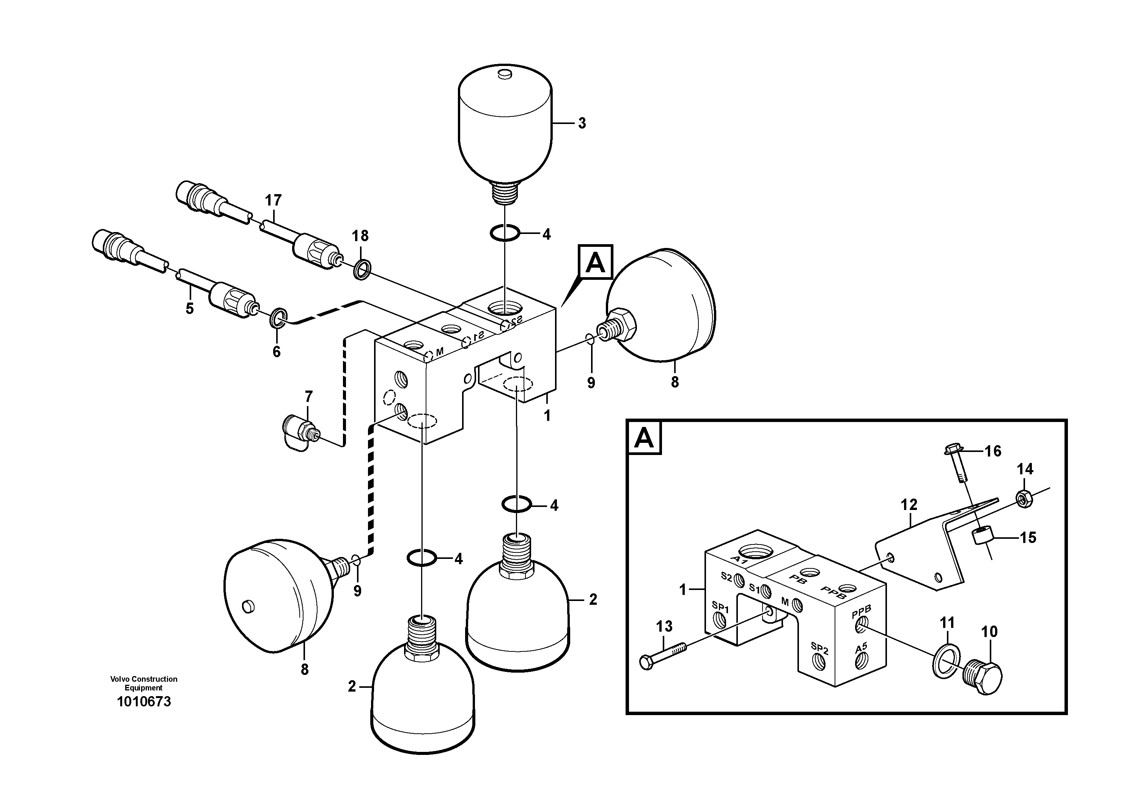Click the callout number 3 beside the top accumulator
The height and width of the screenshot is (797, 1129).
click(x=582, y=123)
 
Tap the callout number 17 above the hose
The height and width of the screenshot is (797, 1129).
click(x=274, y=201)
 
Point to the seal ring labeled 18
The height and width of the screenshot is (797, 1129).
click(x=362, y=269)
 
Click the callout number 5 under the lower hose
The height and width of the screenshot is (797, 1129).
click(x=190, y=309)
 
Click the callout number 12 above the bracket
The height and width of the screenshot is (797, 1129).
click(x=909, y=505)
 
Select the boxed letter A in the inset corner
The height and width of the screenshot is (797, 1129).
click(x=644, y=438)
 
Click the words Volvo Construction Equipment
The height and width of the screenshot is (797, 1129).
click(x=143, y=683)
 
